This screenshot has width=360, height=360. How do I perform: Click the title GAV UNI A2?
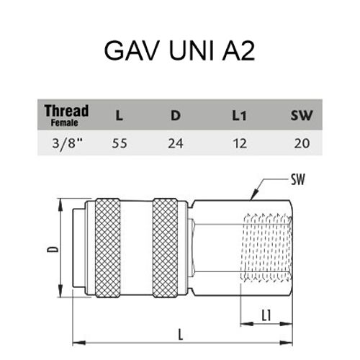pos(179,50)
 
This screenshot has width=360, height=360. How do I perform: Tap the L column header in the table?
pos(120,116)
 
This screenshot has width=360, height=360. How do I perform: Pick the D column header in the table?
pos(176,115)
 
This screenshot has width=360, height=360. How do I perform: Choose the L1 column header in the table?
pos(239,116)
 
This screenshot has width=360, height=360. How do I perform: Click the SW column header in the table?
pos(302,115)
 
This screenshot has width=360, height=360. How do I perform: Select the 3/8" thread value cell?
pos(67,144)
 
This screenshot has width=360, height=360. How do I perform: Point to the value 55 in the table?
pos(120,143)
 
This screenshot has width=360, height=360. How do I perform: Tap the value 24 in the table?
pos(176,143)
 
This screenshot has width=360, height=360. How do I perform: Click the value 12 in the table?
pos(240,143)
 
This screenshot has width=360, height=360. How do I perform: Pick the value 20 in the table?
pos(302,143)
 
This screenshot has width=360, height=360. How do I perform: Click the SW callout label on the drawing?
pos(298,179)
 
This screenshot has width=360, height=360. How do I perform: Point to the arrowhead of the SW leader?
pos(251,199)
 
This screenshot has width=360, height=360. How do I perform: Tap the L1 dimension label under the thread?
pos(266,315)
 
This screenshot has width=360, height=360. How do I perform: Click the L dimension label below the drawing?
pos(181,335)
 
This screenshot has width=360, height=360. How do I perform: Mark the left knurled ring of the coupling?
pos(107,248)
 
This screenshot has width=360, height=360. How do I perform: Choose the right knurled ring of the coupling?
pos(166,248)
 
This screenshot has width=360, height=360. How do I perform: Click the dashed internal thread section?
pos(268,248)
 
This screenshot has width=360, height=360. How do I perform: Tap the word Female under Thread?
pos(64,123)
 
